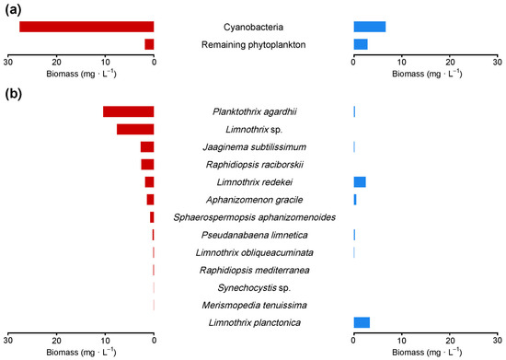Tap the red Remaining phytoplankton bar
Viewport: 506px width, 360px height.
[149, 44]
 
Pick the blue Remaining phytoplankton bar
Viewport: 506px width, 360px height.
[361, 44]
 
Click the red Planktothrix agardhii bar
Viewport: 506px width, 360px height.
[128, 111]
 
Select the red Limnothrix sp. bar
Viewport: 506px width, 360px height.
[135, 129]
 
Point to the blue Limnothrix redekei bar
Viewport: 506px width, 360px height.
[360, 182]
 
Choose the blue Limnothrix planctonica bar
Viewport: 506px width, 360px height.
[362, 322]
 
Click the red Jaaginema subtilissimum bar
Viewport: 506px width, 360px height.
[147, 146]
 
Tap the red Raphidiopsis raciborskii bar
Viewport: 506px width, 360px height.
[147, 165]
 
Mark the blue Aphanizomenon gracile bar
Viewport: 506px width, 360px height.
[355, 200]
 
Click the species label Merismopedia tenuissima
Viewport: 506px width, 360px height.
[254, 305]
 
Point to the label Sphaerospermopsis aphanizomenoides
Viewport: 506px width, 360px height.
[254, 217]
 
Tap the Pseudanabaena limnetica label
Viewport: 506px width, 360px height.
[254, 235]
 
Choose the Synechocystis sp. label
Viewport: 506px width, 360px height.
[254, 287]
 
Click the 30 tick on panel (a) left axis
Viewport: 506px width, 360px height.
[8, 62]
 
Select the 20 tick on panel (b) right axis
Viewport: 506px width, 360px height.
[450, 340]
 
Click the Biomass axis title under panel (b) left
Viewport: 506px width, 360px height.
[81, 352]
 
